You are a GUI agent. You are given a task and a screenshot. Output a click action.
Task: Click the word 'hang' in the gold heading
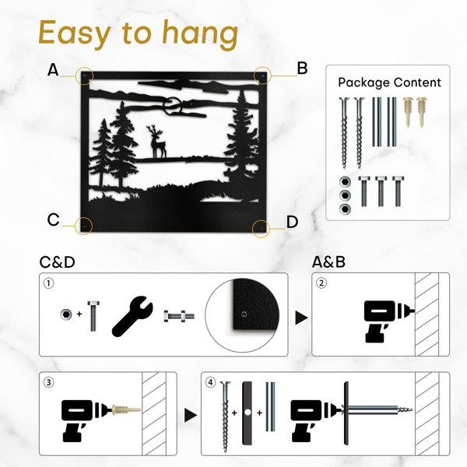point(200,34)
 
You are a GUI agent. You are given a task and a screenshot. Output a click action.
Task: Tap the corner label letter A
point(53,70)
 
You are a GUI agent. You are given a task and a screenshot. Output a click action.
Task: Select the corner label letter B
point(302,68)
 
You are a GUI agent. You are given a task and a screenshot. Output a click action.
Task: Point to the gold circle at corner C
point(84,226)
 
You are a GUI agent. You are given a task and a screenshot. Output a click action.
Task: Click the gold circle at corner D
point(261,229)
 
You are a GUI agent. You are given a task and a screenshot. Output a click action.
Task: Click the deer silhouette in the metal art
point(157,141)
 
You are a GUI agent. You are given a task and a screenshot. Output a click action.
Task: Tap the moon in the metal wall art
point(173,106)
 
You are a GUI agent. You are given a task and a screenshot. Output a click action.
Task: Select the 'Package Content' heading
point(389,83)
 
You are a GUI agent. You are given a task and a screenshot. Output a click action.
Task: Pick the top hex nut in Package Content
point(345,181)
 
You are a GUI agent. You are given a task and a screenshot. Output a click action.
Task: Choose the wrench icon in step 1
point(132,316)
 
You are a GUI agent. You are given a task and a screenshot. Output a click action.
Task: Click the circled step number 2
point(321,283)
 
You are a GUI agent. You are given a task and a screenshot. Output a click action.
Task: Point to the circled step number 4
point(211,382)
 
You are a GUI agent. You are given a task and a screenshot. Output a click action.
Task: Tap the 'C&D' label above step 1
point(57,262)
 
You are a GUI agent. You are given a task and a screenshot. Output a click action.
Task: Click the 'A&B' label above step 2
point(328,262)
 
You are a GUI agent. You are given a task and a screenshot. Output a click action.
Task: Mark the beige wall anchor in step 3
point(125,409)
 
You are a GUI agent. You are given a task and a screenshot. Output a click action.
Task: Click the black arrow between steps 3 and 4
point(191,415)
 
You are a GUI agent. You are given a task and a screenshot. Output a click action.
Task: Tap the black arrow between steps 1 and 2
point(301,318)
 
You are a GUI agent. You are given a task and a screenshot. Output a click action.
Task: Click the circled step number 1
point(49,283)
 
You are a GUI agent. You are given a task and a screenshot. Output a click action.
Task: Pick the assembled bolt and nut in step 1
point(179,316)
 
